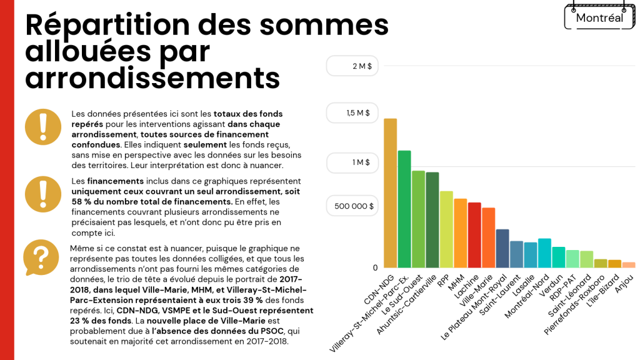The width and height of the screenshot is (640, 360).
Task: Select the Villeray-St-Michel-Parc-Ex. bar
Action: (x=404, y=209)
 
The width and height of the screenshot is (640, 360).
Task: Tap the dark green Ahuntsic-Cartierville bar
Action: (x=432, y=219)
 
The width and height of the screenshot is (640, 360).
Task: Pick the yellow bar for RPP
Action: (x=446, y=229)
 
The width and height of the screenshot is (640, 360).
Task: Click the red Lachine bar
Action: (x=474, y=234)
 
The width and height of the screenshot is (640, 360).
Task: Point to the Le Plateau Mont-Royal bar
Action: (x=502, y=248)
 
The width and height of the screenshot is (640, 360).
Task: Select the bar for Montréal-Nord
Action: (x=544, y=252)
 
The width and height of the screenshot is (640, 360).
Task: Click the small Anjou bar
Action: (x=628, y=264)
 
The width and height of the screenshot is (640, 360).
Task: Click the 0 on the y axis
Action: (x=376, y=267)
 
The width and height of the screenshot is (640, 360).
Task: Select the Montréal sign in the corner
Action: (x=599, y=17)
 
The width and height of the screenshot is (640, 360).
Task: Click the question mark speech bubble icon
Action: (x=41, y=257)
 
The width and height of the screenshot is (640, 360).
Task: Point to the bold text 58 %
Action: (x=81, y=201)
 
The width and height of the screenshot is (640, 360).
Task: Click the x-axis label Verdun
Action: (x=554, y=283)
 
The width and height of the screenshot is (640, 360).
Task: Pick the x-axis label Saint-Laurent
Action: (x=497, y=293)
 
